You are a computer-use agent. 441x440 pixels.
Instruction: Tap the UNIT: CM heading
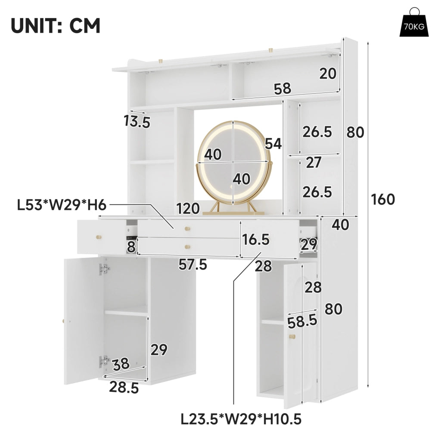(x=56, y=26)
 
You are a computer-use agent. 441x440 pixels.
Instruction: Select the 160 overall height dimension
(x=383, y=200)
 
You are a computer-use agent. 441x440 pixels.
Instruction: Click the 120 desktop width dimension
(x=188, y=209)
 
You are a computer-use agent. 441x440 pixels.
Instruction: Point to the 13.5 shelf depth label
(x=137, y=122)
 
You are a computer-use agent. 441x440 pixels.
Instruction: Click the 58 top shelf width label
(x=283, y=89)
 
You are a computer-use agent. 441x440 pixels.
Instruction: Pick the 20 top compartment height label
(x=328, y=74)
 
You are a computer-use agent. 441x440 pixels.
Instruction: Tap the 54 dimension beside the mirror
(x=273, y=144)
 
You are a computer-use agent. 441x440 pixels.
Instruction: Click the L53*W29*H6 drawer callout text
(x=62, y=205)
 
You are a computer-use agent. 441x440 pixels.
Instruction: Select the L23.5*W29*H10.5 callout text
(x=241, y=420)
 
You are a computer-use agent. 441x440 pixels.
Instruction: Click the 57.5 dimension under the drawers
(x=193, y=265)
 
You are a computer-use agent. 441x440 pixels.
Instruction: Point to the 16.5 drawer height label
(x=256, y=240)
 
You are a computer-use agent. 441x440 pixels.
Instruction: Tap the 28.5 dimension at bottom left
(x=124, y=388)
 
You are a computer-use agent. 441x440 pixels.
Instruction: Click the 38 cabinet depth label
(x=121, y=364)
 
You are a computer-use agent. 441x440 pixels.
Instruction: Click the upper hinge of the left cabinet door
(x=104, y=269)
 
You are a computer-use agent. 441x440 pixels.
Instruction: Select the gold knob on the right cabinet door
(x=292, y=336)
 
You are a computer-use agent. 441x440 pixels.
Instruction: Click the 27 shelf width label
(x=314, y=163)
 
